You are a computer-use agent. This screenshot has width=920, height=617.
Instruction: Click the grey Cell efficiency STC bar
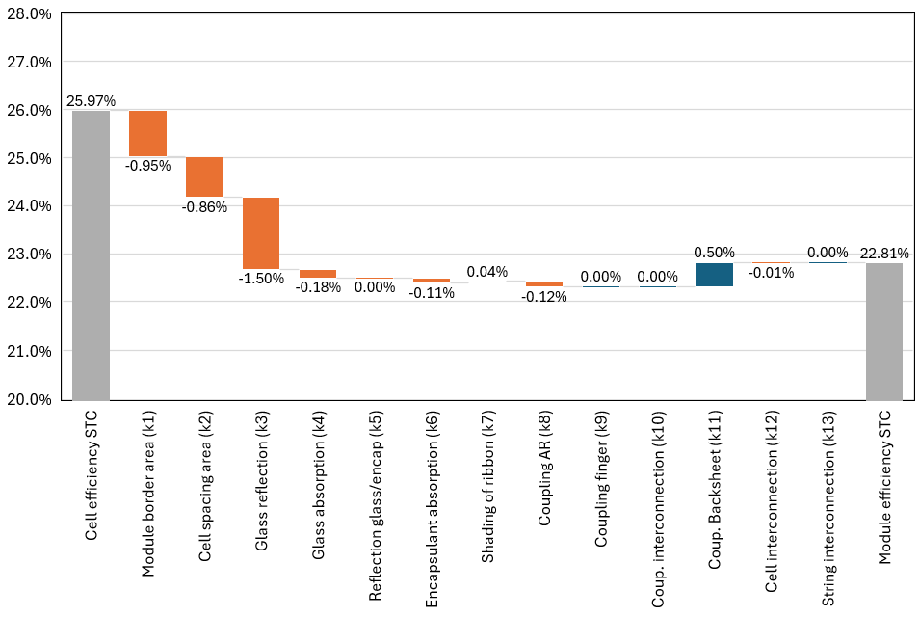coord(91,255)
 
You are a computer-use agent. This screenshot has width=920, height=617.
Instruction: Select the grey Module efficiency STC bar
coord(883,331)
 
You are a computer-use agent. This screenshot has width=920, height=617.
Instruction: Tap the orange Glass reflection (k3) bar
coord(261,232)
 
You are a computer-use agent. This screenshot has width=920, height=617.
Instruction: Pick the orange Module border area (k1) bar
coord(147,133)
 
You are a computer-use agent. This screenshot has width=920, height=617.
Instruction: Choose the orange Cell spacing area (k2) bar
coord(204,176)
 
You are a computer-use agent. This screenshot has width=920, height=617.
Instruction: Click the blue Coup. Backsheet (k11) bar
coord(714,274)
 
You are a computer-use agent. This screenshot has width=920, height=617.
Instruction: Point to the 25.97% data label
coord(91,100)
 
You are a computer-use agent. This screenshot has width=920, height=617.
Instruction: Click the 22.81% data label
coord(883,253)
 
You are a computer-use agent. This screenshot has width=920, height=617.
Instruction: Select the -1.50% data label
coord(261,279)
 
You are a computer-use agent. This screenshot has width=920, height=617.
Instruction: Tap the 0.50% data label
coord(714,253)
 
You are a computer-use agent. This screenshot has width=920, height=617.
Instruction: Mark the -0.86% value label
coord(204,205)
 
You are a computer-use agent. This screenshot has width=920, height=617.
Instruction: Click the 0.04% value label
coord(487,272)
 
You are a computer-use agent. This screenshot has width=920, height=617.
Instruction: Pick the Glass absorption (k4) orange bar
coord(318,273)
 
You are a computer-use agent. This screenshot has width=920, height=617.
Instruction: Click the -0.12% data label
coord(544,297)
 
